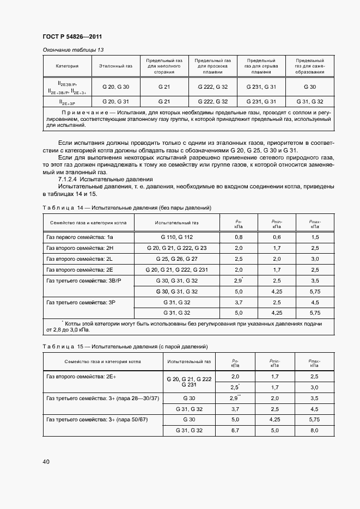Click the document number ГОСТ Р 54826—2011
[x=72, y=36]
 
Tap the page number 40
[x=46, y=462]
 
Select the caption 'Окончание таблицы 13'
[x=73, y=50]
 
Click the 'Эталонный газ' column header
[x=115, y=66]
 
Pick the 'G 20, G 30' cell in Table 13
[x=115, y=87]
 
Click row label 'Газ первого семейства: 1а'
[x=80, y=237]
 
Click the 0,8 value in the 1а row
[x=239, y=237]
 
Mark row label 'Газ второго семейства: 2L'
[x=80, y=259]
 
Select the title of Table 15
[x=125, y=347]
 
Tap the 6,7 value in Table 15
[x=235, y=430]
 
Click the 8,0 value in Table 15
[x=315, y=430]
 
